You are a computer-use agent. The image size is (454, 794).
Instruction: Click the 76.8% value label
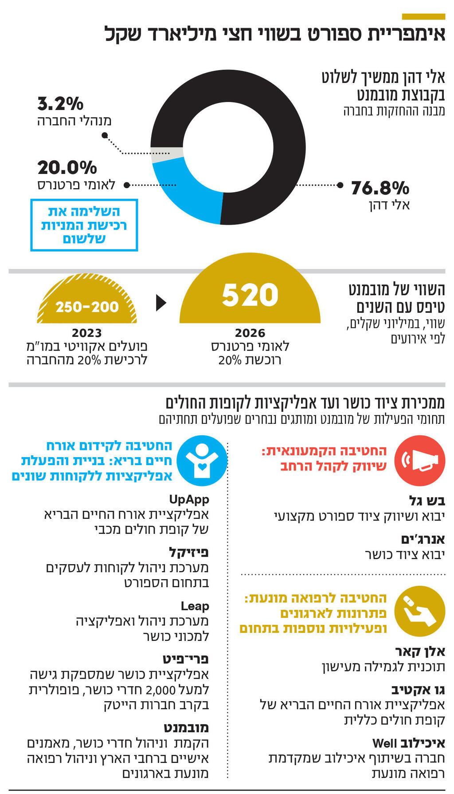pos(380,188)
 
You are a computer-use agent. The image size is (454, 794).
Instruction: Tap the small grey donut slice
pos(160,155)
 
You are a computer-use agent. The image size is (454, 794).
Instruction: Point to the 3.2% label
pos(60,104)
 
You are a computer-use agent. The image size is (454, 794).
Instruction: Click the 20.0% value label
pos(67,168)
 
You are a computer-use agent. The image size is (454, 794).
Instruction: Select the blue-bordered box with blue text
pos(84,225)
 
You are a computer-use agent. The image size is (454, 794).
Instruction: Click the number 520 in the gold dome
pos(250,295)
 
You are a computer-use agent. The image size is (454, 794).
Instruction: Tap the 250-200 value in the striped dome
pos(87,307)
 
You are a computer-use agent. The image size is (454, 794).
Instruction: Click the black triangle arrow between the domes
pos(161,303)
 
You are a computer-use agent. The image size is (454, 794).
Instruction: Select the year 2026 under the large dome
pos(250,333)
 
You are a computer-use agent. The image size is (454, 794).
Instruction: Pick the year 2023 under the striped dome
pos(87,333)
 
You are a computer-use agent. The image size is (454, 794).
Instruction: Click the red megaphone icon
pos(419,460)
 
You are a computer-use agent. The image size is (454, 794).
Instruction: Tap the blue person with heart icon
pos(202,460)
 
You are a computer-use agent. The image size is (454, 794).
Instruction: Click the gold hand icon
pos(419,611)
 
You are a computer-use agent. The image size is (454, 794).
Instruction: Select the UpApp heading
pos(189,499)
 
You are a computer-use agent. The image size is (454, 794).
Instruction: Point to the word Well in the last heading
pos(384,743)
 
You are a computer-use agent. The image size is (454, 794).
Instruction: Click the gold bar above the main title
pos(423,16)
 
